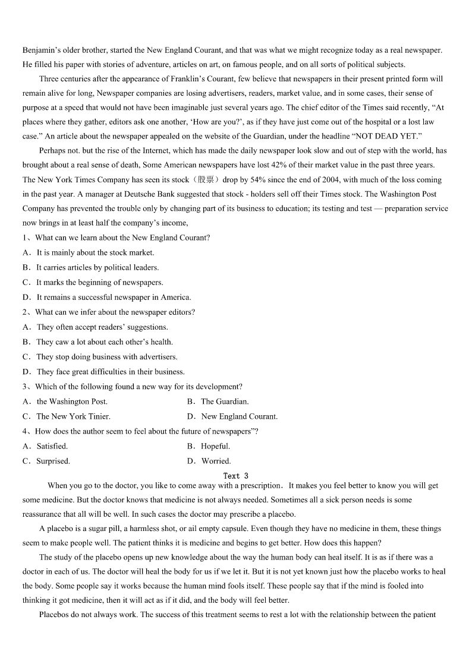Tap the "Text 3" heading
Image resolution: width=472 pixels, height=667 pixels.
235,476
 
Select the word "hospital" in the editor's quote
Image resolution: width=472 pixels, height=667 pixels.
361,122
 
